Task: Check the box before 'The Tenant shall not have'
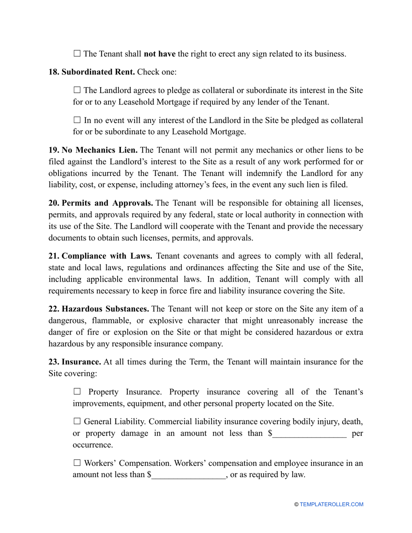77,54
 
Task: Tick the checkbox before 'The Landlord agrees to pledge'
77,90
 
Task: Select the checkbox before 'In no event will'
77,120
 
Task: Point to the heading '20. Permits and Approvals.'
100,203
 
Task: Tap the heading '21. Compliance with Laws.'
100,256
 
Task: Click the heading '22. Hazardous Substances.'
98,309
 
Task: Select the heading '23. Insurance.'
75,361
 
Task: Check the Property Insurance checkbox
77,392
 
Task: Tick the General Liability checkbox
77,421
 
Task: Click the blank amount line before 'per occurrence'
309,433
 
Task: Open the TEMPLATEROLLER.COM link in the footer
331,504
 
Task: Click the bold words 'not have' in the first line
159,54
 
